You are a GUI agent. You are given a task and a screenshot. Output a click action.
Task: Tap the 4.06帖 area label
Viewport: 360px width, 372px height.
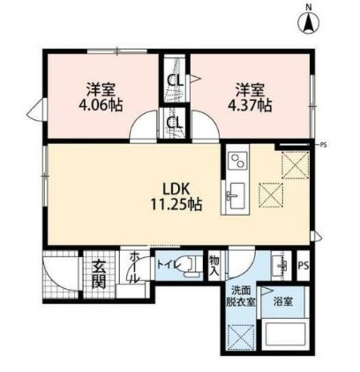click(100, 105)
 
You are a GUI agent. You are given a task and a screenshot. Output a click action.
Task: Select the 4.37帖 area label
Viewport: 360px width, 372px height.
click(250, 105)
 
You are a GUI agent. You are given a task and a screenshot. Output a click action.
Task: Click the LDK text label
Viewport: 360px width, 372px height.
click(176, 189)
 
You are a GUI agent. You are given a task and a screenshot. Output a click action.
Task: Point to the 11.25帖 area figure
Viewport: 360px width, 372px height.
click(177, 205)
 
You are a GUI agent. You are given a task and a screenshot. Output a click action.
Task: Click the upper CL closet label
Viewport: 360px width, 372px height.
click(175, 81)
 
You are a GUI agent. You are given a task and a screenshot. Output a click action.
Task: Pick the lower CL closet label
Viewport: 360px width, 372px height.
click(175, 123)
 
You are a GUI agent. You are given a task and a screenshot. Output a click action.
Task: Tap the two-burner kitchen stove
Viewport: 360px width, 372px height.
click(237, 160)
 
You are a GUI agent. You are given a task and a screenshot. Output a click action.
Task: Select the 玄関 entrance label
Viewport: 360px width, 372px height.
click(99, 274)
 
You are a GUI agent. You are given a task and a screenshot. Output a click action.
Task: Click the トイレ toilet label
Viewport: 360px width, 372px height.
click(168, 264)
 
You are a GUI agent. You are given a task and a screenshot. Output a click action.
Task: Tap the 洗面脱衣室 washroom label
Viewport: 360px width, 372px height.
click(241, 296)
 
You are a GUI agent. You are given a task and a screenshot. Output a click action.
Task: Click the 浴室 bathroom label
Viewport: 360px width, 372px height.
click(283, 302)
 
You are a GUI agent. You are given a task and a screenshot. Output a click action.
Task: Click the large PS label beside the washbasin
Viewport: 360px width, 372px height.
click(303, 266)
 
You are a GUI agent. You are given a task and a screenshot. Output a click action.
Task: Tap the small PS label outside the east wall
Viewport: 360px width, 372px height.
click(323, 145)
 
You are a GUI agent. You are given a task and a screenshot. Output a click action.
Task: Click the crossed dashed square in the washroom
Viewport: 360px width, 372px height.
click(240, 338)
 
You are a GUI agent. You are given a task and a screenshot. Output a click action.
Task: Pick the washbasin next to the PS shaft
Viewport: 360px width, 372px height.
click(281, 265)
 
